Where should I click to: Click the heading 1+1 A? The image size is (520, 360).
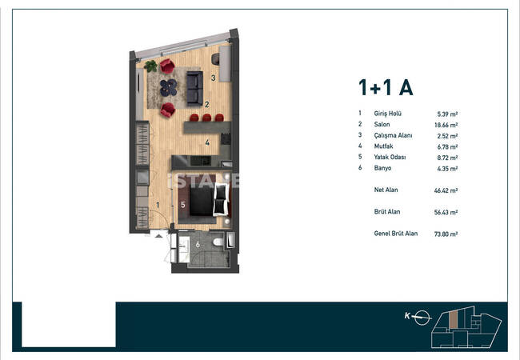point(386,87)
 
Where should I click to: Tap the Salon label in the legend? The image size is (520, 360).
point(382,124)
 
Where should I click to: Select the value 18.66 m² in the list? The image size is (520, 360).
point(446,125)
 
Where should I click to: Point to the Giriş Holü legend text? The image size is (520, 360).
point(388,114)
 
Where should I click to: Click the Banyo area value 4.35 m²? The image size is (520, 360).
point(447,168)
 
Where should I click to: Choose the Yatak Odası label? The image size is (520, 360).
point(390,157)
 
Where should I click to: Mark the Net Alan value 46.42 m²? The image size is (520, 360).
point(446,190)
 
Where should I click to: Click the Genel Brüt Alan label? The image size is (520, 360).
point(396,234)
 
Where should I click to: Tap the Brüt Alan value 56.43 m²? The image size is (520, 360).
point(446,212)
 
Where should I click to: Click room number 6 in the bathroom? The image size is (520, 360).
point(198,245)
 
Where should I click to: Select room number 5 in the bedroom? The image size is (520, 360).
point(183,205)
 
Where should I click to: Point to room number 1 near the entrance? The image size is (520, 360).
point(158,205)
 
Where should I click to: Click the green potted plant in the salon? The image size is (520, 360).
point(151,66)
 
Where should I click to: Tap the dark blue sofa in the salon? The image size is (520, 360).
point(194,88)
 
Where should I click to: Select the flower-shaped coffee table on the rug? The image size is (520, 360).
point(169,87)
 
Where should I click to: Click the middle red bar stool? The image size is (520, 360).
point(206,118)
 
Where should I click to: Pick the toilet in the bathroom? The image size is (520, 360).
point(218,242)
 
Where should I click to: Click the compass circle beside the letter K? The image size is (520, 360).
point(422,318)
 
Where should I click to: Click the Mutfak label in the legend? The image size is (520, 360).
point(384,146)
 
